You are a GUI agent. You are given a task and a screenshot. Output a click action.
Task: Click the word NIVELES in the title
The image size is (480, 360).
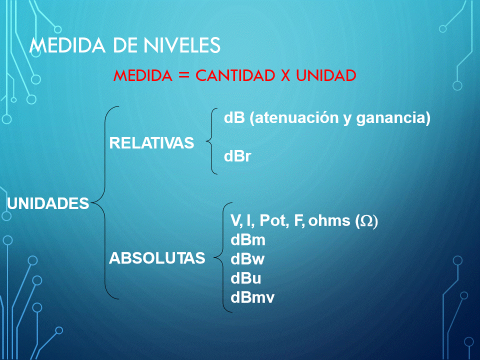click(182, 45)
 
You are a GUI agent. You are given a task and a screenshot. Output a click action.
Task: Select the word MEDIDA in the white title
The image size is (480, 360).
click(67, 45)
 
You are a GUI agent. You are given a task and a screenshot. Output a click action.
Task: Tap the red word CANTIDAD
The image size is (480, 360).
click(235, 75)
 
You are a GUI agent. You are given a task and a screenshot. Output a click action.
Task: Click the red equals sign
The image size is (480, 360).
click(184, 75)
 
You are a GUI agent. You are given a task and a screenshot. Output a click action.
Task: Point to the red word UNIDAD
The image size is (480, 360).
click(326, 75)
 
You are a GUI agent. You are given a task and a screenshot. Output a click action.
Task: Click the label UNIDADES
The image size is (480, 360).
click(48, 203)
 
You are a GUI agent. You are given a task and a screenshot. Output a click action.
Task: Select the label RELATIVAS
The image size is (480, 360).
click(151, 143)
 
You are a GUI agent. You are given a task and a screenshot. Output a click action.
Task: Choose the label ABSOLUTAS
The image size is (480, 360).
click(157, 258)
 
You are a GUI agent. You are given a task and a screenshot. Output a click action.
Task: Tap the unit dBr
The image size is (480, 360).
click(237, 156)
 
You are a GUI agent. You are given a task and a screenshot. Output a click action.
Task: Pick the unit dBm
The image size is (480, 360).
click(248, 239)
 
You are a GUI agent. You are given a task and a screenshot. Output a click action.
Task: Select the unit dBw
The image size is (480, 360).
click(247, 259)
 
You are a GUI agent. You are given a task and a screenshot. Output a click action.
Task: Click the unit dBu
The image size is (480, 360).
click(246, 278)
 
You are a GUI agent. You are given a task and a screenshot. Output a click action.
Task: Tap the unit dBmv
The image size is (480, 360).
click(252, 297)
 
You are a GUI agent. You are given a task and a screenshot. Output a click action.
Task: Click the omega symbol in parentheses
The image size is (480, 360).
click(366, 221)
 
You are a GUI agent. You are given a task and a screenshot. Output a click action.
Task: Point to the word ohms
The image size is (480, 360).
click(329, 220)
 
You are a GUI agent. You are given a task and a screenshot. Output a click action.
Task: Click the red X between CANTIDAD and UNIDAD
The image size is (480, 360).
click(285, 75)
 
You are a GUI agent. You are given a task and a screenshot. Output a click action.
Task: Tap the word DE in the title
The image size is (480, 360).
click(125, 45)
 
